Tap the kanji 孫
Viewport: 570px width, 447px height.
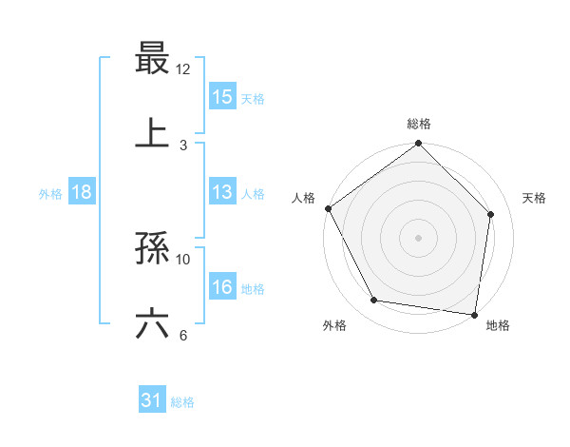tap(152, 250)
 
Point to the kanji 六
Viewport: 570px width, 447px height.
tap(152, 324)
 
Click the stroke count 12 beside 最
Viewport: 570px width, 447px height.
tap(183, 69)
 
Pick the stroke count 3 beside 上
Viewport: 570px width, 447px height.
tap(183, 145)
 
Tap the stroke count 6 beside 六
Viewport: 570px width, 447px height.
tap(183, 334)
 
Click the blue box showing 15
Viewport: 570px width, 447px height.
tap(222, 96)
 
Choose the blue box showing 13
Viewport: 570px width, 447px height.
tap(222, 192)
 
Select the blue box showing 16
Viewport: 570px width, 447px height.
tap(222, 287)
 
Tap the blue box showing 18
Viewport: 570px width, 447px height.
tap(82, 192)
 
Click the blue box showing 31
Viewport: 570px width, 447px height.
tap(152, 401)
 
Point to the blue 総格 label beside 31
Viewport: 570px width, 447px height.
tap(182, 402)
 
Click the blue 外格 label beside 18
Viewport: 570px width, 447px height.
tap(50, 193)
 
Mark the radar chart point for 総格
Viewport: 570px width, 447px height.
tap(418, 145)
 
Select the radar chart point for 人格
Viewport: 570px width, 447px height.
tap(328, 208)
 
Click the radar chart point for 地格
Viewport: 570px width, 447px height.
tap(474, 313)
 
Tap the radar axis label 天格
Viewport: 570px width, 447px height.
tap(535, 198)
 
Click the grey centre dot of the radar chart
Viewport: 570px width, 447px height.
tap(418, 237)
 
